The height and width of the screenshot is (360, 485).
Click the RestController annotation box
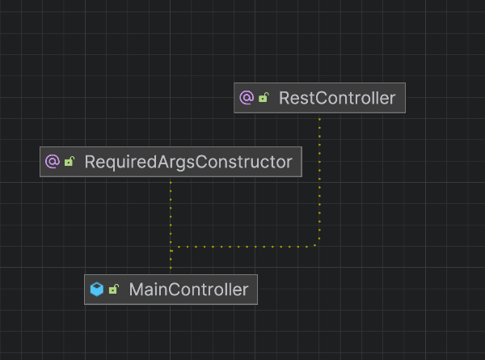(319, 99)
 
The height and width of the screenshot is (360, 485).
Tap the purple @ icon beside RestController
(247, 99)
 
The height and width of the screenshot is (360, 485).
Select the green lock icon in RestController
(264, 99)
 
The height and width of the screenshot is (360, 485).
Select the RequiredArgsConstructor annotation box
(171, 162)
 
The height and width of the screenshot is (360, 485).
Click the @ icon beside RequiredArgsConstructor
(53, 162)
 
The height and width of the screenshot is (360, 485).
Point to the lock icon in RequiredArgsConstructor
(70, 162)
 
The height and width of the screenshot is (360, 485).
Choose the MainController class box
(171, 289)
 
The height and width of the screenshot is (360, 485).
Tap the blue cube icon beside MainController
(97, 289)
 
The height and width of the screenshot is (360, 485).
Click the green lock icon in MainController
(114, 289)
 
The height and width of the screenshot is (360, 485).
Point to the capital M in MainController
(137, 289)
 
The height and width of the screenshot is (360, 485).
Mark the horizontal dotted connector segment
(242, 246)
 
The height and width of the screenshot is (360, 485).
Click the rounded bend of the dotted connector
(316, 243)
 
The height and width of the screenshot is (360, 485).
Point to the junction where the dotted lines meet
(171, 246)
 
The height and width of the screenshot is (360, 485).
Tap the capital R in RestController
(285, 99)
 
